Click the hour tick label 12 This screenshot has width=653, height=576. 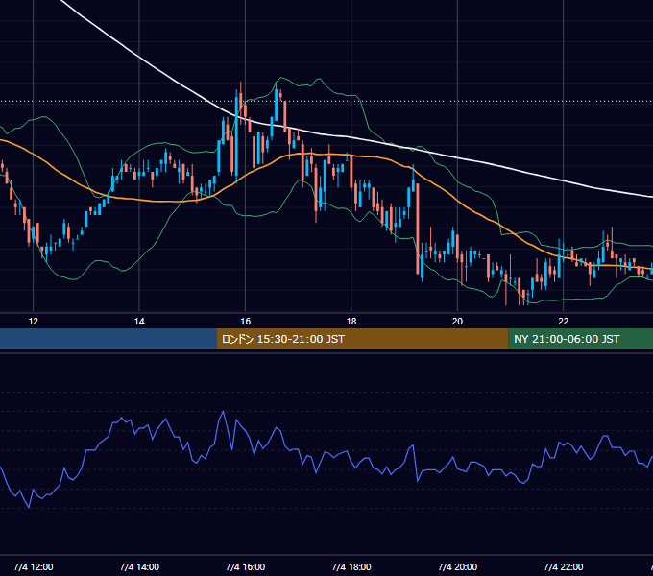(x=33, y=322)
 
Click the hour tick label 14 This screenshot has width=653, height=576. (x=139, y=322)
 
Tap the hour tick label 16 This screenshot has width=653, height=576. (x=245, y=322)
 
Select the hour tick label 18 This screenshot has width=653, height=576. (x=351, y=322)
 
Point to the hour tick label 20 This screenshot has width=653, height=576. (x=457, y=322)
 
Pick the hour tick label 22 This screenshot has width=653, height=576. (x=563, y=322)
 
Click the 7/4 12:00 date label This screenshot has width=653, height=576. (x=33, y=566)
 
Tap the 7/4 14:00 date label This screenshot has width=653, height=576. (x=139, y=566)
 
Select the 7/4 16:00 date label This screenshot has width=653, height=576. (x=245, y=566)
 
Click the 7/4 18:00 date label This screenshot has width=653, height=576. (x=351, y=566)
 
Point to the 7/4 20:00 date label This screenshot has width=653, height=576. (x=457, y=566)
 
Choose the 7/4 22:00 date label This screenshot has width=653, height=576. (x=563, y=566)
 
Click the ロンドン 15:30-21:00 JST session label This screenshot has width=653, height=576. (x=283, y=339)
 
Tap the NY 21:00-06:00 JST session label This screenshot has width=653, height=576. (x=567, y=339)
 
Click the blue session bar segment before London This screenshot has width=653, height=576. (x=109, y=339)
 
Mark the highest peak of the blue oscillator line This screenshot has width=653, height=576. (x=223, y=411)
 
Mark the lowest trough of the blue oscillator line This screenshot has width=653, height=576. (x=29, y=507)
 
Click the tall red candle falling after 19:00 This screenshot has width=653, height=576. (x=418, y=228)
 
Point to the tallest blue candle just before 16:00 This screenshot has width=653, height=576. (x=236, y=136)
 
